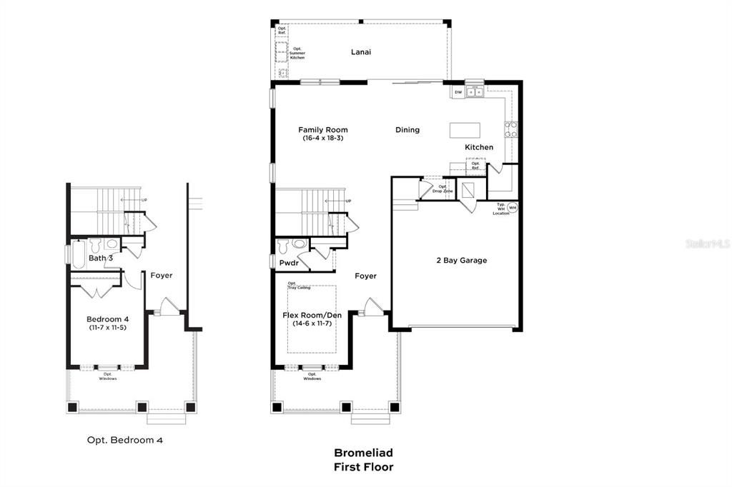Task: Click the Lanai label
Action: coord(361,52)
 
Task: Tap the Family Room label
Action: coord(323,130)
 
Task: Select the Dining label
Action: coord(407,130)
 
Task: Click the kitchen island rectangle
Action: coord(464,130)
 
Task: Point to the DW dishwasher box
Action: coord(457,92)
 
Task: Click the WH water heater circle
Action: coord(513,207)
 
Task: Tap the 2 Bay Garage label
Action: coord(461,261)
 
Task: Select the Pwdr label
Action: coord(289,263)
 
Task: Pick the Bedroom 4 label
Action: coord(108,318)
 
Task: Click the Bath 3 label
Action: coord(101,258)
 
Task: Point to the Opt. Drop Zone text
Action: coord(442,189)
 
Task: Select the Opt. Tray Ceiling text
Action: coord(298,286)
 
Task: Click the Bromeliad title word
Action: coord(363,453)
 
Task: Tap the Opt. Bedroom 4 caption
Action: coord(125,441)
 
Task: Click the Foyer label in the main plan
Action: coord(365,276)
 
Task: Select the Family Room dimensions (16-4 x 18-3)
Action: coord(323,138)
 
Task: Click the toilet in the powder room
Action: coord(284,246)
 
